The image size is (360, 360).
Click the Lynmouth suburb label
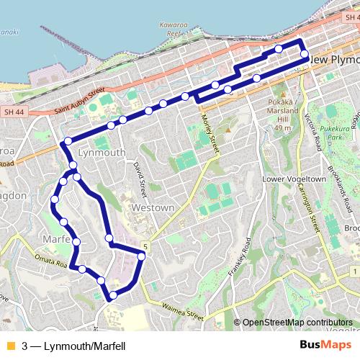(x=102, y=153)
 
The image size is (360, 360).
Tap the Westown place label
(x=153, y=208)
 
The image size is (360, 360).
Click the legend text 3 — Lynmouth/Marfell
(x=74, y=346)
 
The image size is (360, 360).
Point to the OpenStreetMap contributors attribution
(x=297, y=323)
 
